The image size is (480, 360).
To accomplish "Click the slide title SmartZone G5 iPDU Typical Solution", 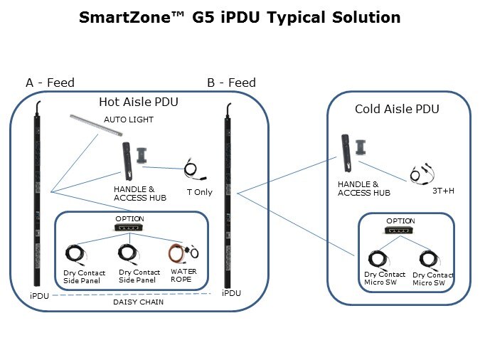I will pos(240,17).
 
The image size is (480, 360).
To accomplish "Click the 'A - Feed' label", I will pos(50,83).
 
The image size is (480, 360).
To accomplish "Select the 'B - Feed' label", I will pos(231,83).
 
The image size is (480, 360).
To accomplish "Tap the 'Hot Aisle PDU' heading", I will pos(138,102).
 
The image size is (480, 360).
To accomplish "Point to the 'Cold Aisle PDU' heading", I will pos(398,109).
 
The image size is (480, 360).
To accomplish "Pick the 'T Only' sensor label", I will pos(199,192).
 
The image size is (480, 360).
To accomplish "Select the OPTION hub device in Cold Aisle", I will pos(400,231).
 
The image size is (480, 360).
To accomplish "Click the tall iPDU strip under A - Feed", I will pos(33,199).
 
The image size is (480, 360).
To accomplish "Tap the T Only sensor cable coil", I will pos(192,170).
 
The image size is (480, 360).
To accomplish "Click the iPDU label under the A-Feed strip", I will pos(39,295).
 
